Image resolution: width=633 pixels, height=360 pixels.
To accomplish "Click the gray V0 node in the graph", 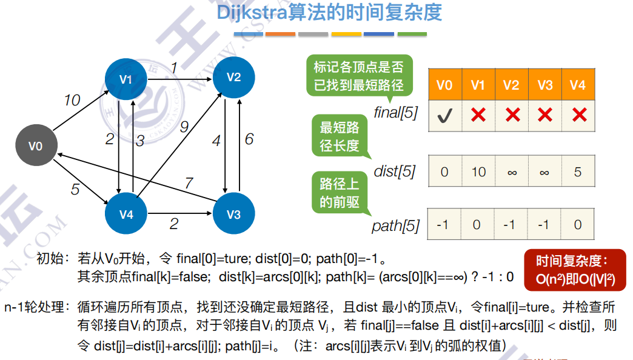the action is tap(36, 145).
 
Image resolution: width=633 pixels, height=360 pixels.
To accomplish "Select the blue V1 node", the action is tap(126, 79).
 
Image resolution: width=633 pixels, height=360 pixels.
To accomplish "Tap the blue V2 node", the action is tap(233, 77).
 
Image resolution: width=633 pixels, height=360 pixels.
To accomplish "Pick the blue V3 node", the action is tap(233, 215).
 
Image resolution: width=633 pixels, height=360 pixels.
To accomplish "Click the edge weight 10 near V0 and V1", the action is tap(72, 100).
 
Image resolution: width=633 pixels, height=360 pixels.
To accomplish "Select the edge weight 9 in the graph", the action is tap(184, 127).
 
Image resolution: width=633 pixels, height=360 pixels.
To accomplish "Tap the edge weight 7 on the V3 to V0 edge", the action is tap(189, 182).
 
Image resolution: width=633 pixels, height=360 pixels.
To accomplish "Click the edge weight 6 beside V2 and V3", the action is tap(249, 139).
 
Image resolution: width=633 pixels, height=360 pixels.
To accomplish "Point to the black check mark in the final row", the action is tap(444, 115).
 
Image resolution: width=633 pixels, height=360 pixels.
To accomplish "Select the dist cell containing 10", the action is tap(478, 172).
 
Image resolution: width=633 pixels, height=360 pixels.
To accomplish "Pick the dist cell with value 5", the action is tap(578, 172).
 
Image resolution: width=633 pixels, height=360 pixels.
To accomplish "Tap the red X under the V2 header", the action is tap(512, 115).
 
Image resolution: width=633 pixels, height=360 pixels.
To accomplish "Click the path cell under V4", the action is tap(578, 225).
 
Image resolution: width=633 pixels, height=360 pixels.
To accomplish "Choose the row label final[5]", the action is tap(396, 112).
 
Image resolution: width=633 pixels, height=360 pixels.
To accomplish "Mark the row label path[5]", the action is tap(395, 226).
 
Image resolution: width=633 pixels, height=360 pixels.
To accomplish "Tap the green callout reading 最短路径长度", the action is tap(340, 137).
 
